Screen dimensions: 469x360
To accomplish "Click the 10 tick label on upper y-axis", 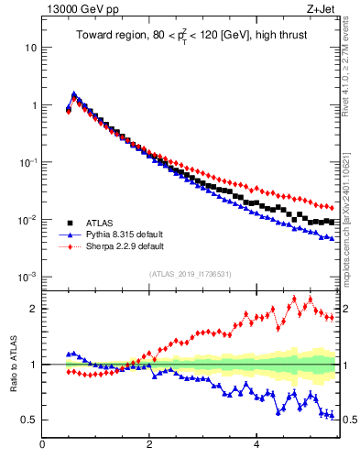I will coord(31,47).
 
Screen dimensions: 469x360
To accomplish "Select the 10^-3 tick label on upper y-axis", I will coord(27,277).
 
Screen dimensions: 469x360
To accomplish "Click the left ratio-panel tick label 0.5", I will coord(29,420).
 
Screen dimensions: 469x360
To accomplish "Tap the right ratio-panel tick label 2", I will coord(348,309).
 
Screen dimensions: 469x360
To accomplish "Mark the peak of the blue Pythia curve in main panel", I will coord(73,94).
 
